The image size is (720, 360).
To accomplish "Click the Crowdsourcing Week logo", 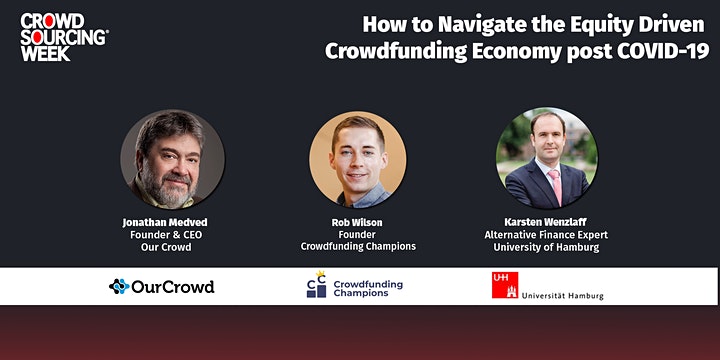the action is [x=64, y=37].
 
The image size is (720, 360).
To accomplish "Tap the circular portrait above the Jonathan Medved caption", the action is [x=173, y=159].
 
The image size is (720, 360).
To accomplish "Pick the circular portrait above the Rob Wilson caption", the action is [x=358, y=159].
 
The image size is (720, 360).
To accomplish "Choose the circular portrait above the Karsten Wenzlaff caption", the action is [x=546, y=158].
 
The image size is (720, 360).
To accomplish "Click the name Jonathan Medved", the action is [x=165, y=223].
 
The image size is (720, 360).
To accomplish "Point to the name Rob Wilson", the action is [x=357, y=223].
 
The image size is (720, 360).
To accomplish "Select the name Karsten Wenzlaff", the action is [x=546, y=222].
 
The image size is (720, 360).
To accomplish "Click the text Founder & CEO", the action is [x=166, y=235].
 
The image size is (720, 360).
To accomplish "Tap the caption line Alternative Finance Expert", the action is [x=546, y=235].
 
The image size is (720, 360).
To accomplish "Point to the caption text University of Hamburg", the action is [x=546, y=247].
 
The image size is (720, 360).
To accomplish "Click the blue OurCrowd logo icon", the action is [x=119, y=287].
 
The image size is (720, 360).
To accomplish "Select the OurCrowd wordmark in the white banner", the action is [x=173, y=287].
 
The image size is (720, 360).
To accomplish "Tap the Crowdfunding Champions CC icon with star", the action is [x=316, y=285].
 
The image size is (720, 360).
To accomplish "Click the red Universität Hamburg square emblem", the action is [x=505, y=285].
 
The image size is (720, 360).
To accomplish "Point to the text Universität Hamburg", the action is [x=562, y=296].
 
